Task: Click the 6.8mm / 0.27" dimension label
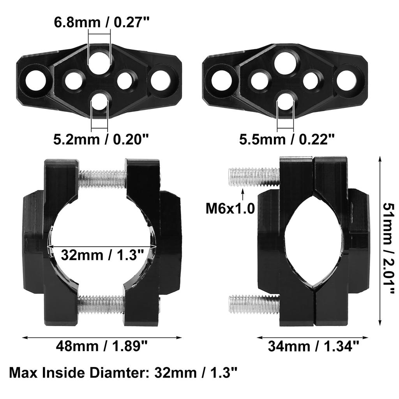pos(101,22)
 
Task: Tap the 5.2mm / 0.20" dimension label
pos(101,139)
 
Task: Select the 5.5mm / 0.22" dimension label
pos(287,139)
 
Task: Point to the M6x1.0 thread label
pos(230,209)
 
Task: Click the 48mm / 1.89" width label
pos(102,346)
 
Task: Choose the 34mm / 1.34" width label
pos(314,346)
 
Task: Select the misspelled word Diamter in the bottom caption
pos(119,373)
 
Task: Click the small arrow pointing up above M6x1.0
pos(243,195)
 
